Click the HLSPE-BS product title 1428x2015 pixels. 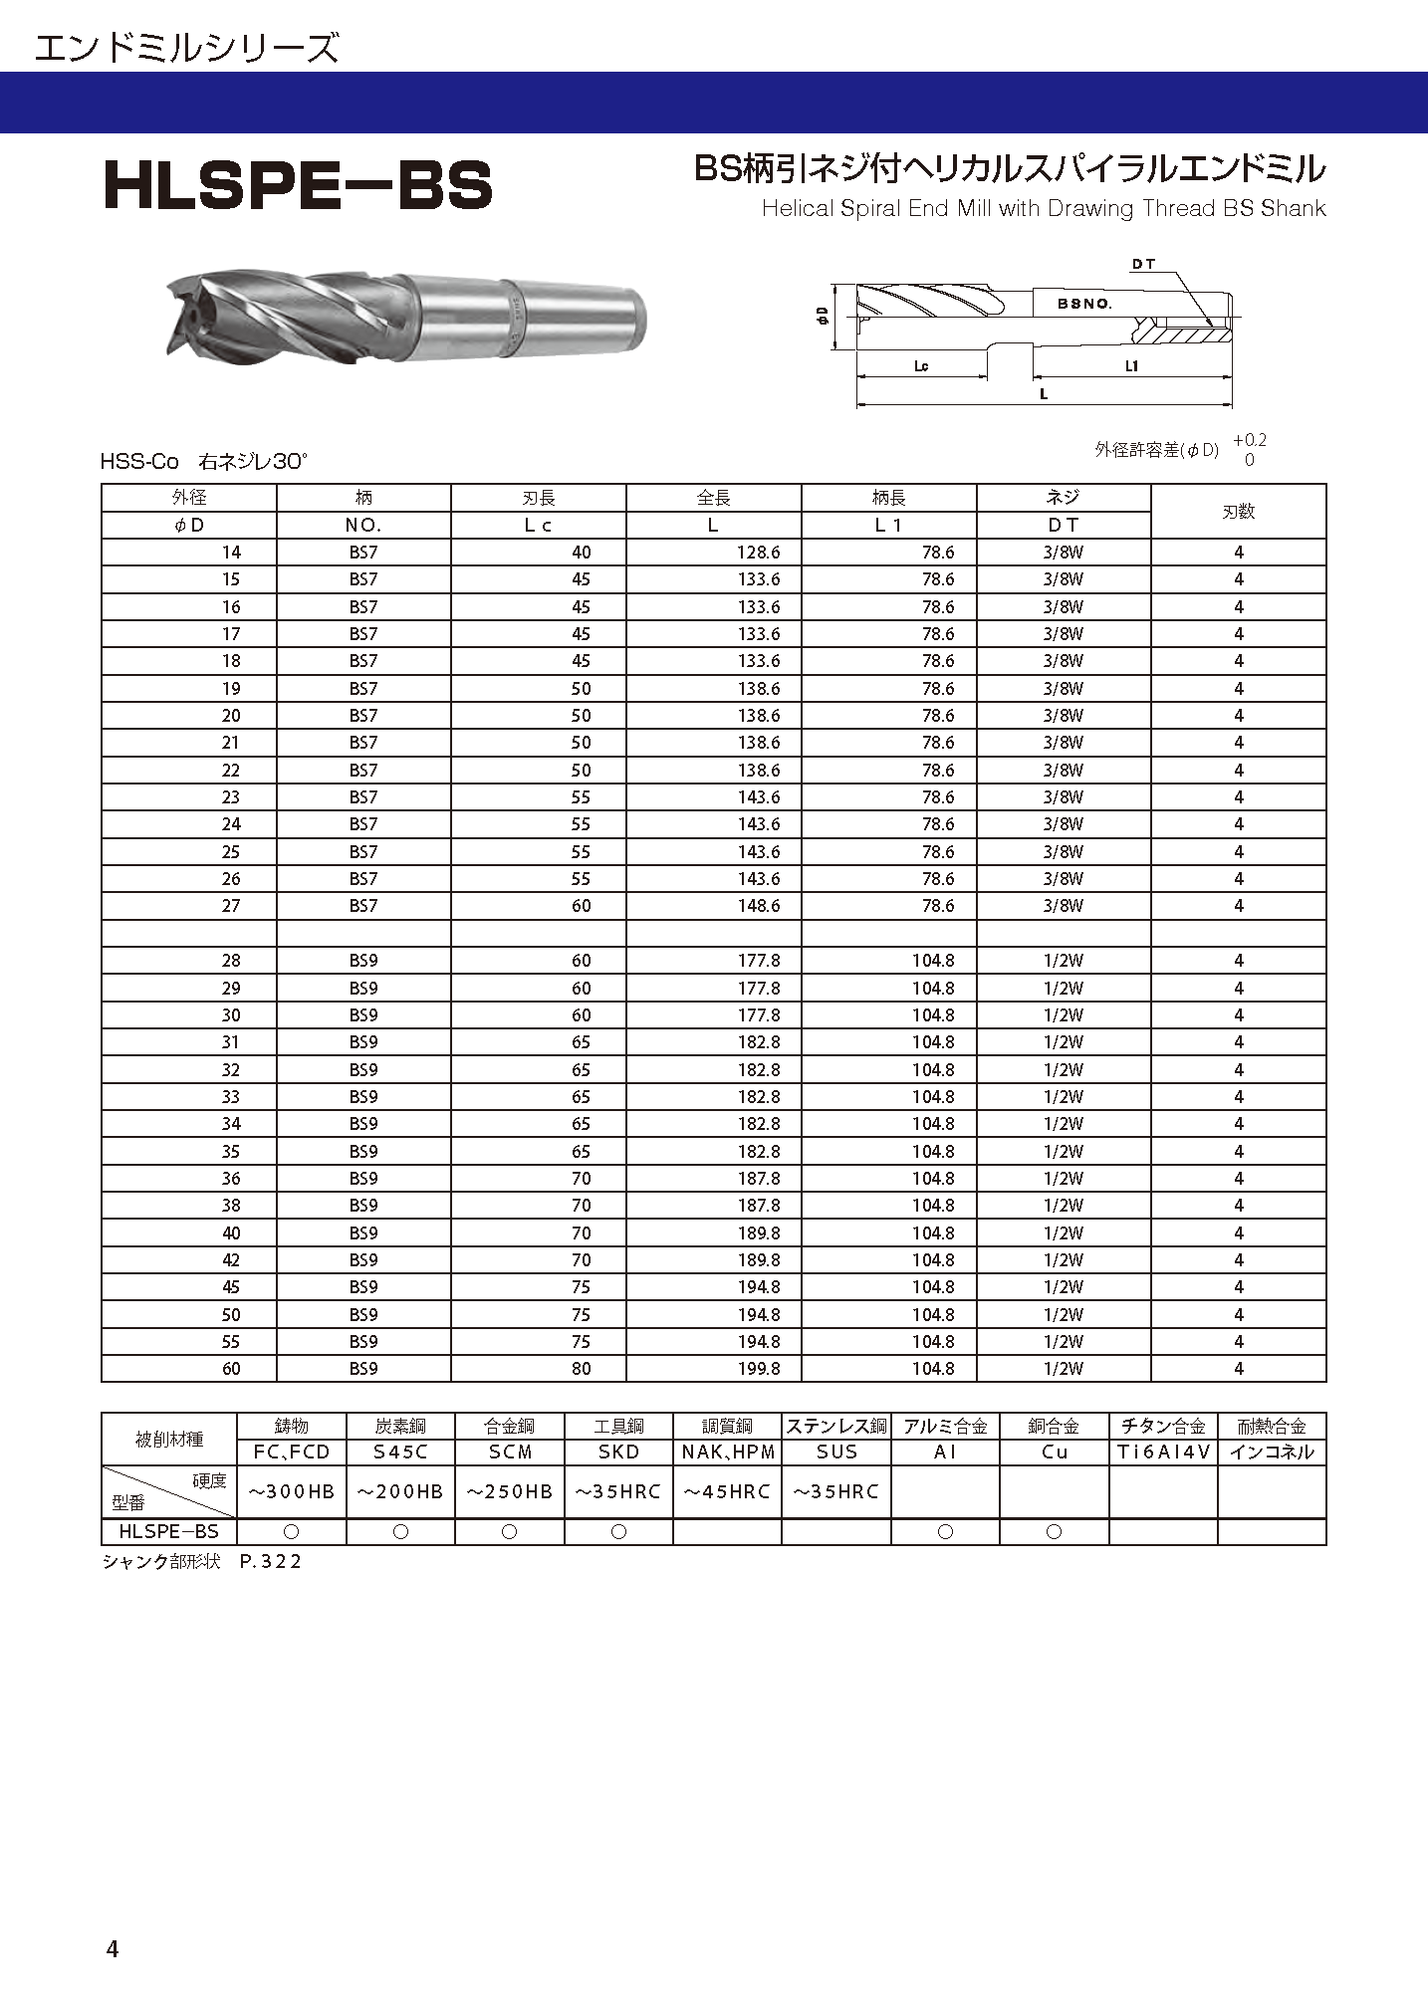[x=298, y=185]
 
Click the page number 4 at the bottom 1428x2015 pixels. [x=113, y=1948]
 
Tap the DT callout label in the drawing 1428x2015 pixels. [x=1143, y=264]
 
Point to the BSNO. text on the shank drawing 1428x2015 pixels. [x=1084, y=304]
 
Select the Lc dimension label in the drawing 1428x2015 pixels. [x=921, y=366]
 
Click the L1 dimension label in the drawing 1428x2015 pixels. [x=1131, y=366]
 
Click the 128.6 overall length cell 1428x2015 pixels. [x=759, y=553]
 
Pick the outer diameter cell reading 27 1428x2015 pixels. [x=231, y=906]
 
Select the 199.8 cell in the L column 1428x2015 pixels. [x=759, y=1369]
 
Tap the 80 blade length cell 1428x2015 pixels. [x=582, y=1369]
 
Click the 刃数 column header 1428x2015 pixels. [x=1238, y=512]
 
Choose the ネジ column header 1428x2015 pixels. [x=1064, y=498]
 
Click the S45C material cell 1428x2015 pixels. [x=400, y=1452]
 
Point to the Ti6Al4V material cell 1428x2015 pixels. [x=1163, y=1452]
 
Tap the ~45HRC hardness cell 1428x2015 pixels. [x=727, y=1491]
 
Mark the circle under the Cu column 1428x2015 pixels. [x=1054, y=1532]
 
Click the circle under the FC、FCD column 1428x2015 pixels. [x=291, y=1532]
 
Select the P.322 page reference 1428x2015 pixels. [x=271, y=1561]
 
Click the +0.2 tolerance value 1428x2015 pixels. [x=1249, y=441]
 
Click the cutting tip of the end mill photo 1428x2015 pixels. [x=184, y=317]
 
